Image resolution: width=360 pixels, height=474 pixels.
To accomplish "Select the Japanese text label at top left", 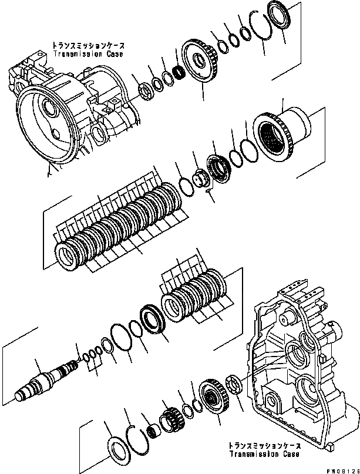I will pos(88,45).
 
